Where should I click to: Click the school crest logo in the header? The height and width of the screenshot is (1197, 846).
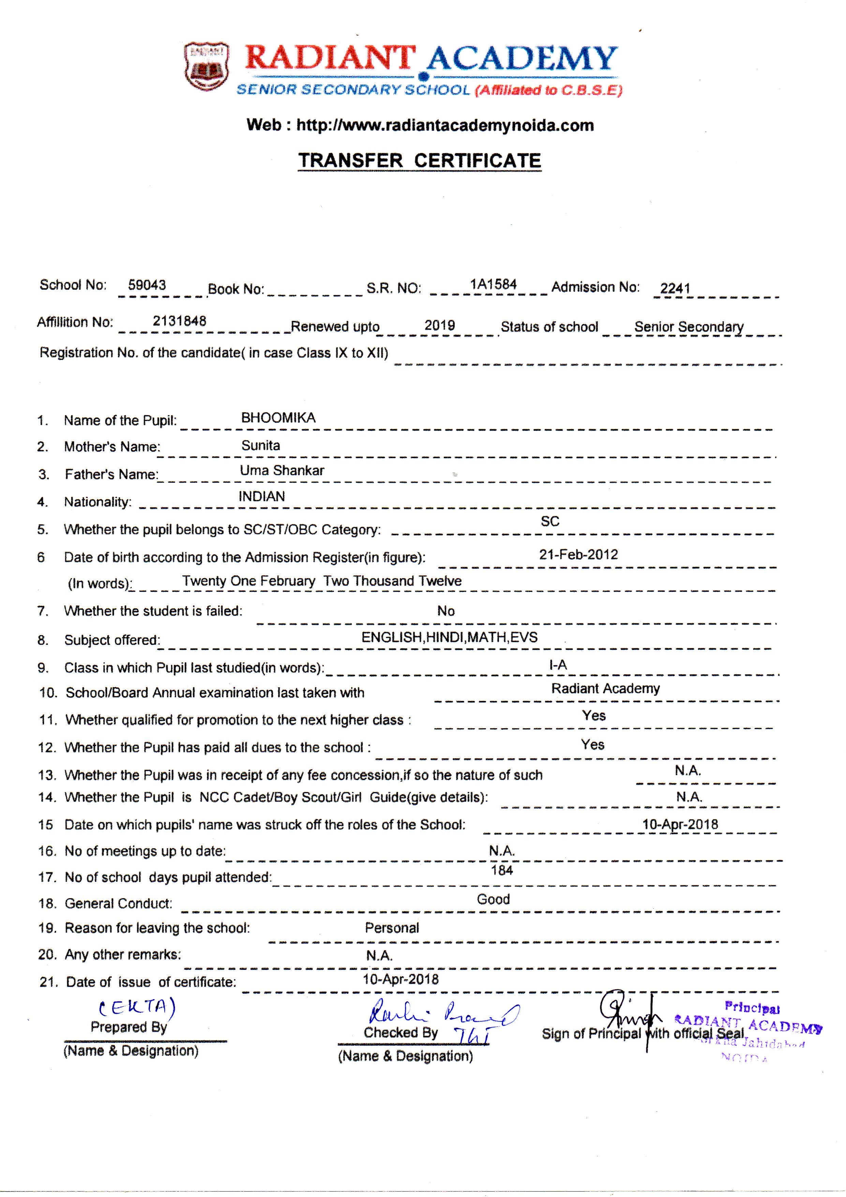tap(206, 67)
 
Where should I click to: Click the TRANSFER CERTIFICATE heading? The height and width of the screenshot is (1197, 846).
tap(420, 161)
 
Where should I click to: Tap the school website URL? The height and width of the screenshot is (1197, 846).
tap(445, 126)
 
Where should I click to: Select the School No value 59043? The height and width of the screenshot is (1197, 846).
tap(147, 285)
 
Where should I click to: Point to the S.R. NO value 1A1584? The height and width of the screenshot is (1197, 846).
tap(493, 284)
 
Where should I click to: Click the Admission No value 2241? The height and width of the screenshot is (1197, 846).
tap(675, 288)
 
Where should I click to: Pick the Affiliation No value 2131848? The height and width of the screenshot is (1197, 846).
tap(179, 321)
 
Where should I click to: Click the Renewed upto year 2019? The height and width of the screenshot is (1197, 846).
tap(440, 325)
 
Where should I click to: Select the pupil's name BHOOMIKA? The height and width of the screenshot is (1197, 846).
tap(278, 418)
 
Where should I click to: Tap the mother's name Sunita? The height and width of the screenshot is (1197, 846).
tap(261, 445)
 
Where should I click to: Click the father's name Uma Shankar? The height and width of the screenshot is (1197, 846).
tap(282, 470)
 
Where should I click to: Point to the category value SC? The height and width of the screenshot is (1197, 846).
tap(550, 521)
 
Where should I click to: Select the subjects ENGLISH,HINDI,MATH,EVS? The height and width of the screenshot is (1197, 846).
tap(449, 637)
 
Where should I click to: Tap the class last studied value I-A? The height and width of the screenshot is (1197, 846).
tap(558, 665)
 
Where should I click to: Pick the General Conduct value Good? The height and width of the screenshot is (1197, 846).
tap(493, 899)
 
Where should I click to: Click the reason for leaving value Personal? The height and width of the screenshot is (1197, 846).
tap(392, 928)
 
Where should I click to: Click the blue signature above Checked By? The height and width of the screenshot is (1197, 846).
tap(443, 1014)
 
